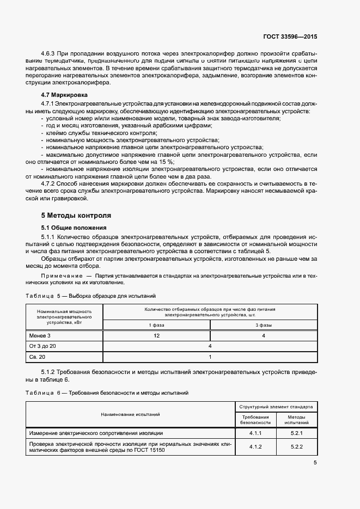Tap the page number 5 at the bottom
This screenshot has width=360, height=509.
315,463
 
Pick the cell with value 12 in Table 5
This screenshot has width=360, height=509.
156,336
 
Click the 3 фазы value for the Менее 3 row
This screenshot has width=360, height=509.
264,336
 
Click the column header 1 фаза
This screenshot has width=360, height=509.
156,325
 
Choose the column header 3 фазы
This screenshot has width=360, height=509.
264,325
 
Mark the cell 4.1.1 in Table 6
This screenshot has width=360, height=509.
255,433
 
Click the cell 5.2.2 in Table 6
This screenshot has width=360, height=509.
296,446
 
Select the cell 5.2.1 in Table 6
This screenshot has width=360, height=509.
296,433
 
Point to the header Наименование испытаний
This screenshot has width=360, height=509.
130,414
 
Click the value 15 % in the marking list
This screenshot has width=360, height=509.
166,162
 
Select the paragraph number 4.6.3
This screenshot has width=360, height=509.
49,54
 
